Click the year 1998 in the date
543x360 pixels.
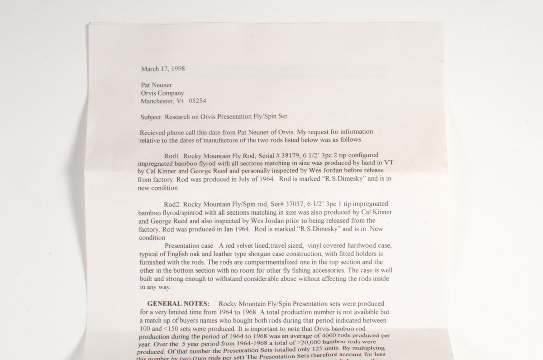point(177,69)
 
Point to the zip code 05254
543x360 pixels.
point(197,101)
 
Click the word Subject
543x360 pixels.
point(151,116)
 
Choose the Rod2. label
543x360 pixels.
point(173,204)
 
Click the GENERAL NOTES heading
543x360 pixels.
point(178,303)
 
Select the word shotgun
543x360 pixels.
point(257,254)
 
